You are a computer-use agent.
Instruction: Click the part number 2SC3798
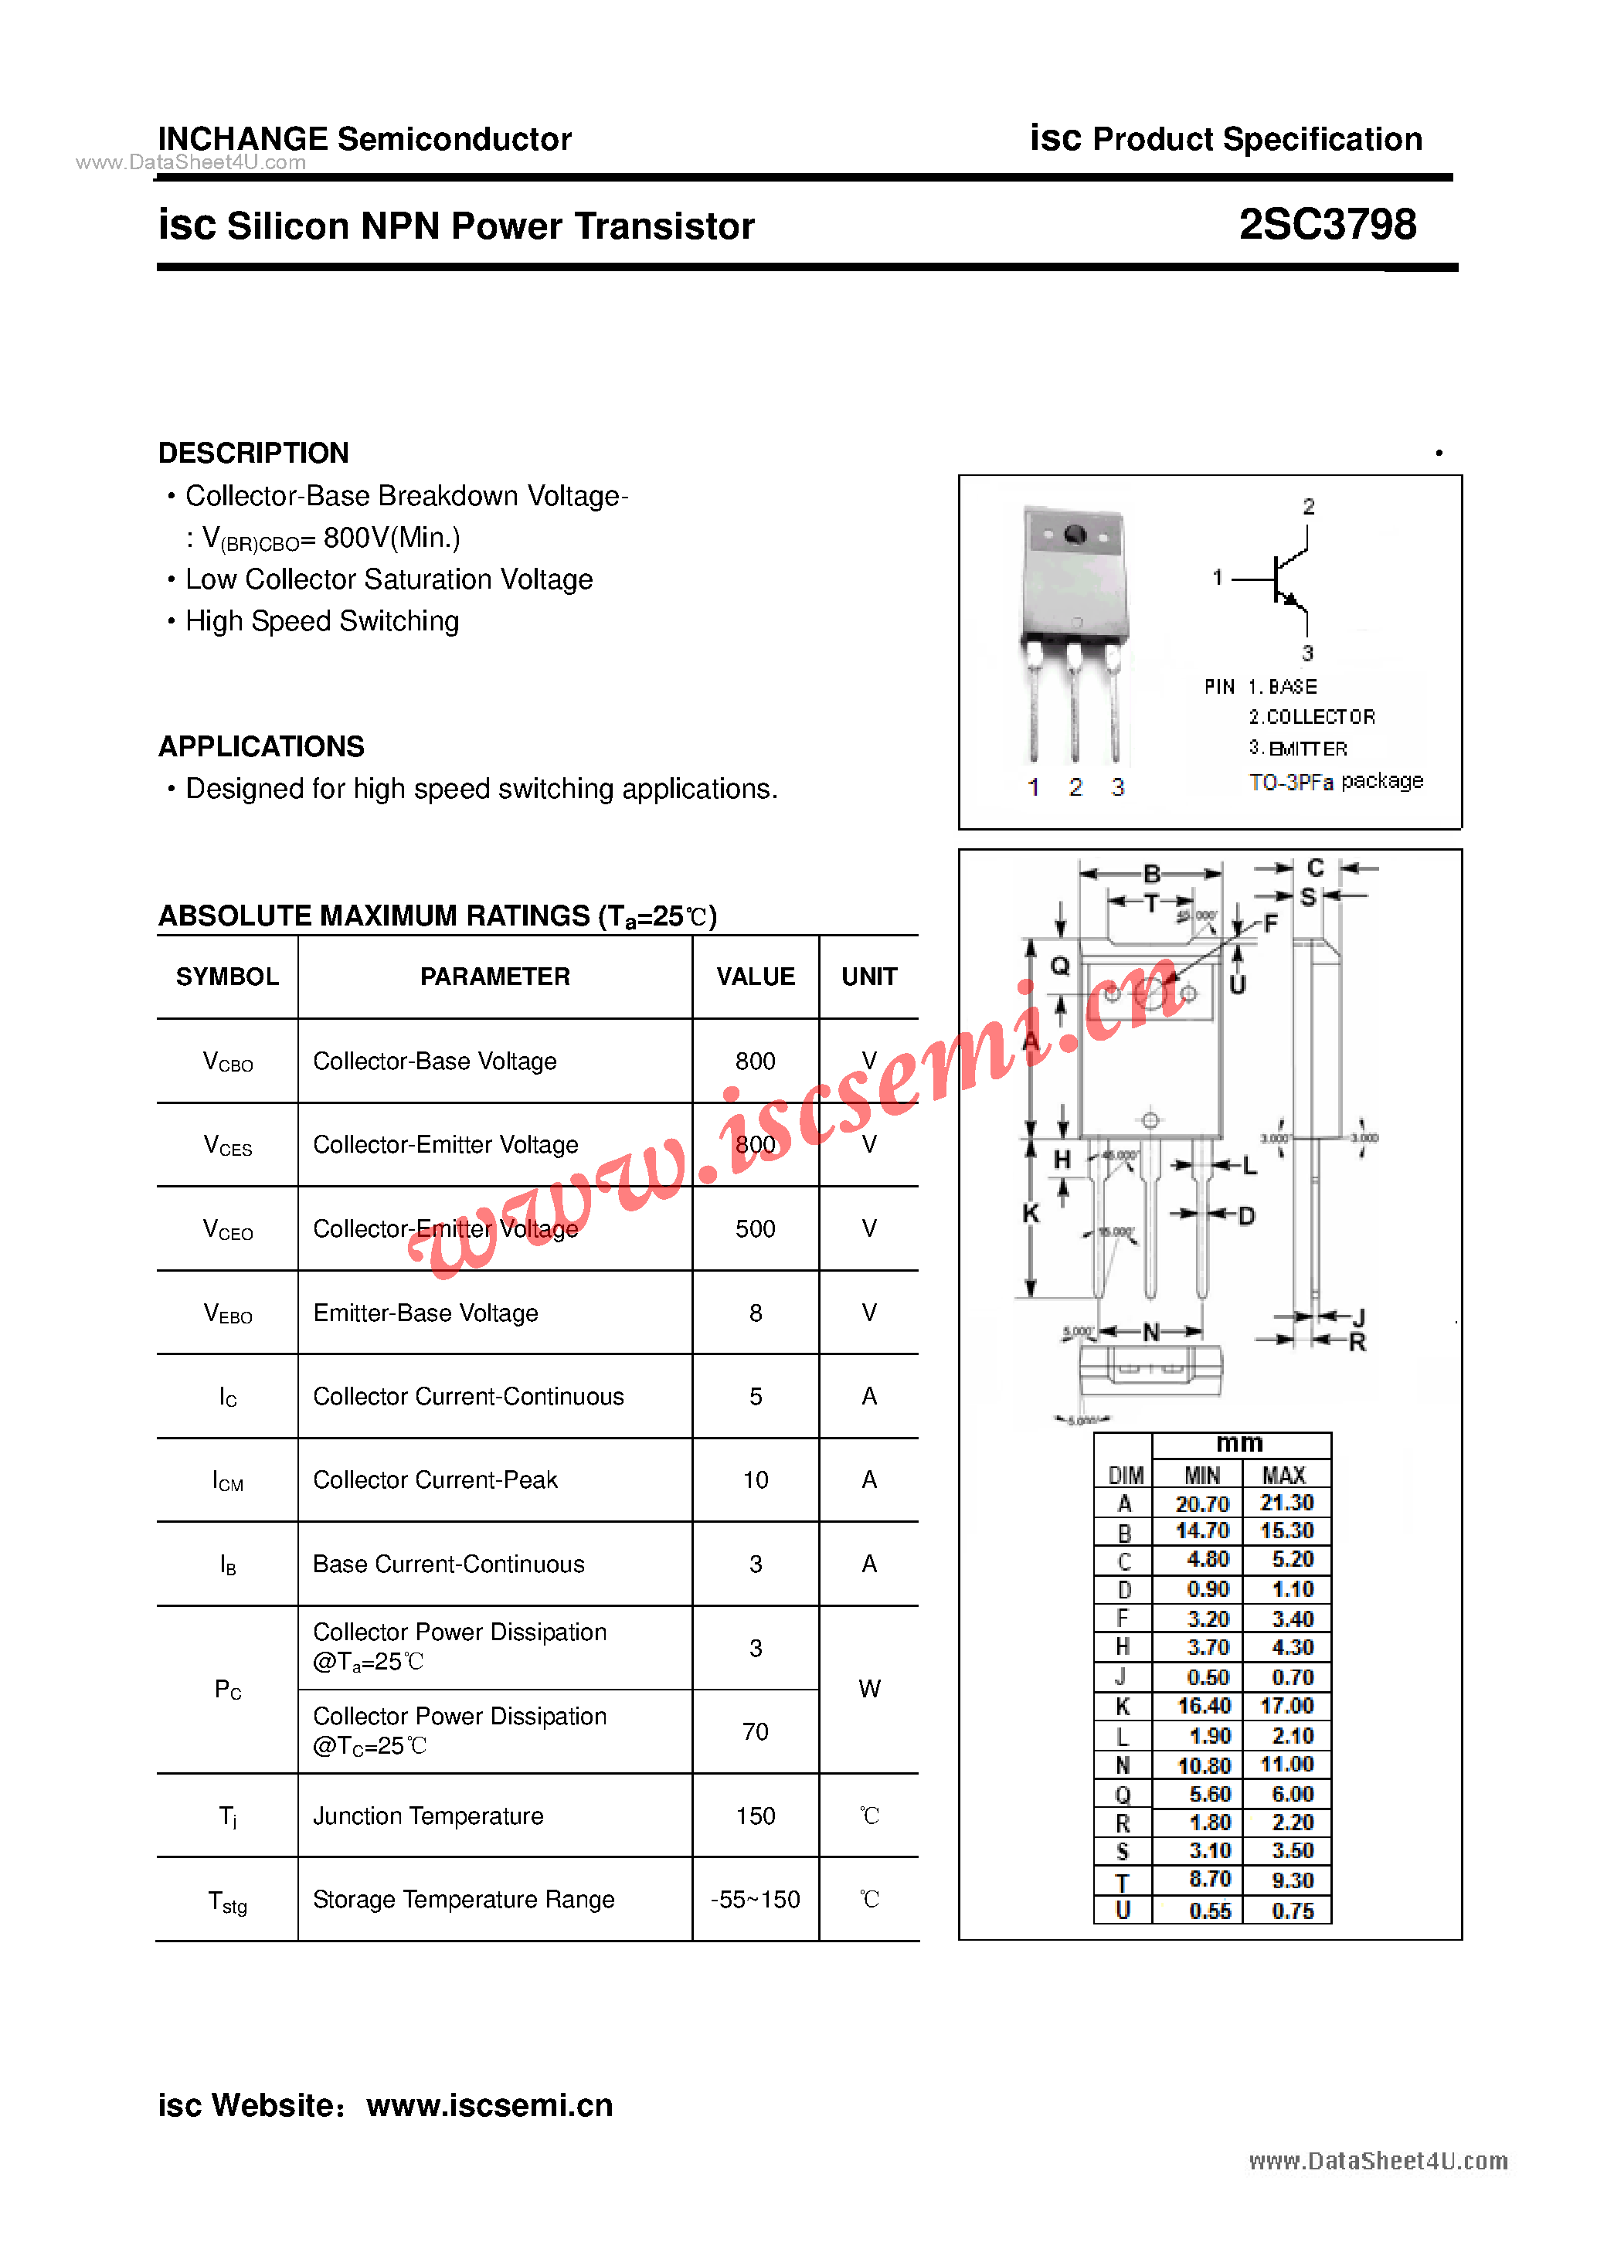coord(1327,226)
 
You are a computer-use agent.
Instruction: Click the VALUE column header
coord(755,977)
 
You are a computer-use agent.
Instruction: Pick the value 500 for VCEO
coord(755,1229)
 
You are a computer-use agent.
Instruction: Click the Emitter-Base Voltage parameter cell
coord(425,1313)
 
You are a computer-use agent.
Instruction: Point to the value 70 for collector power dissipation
coord(755,1731)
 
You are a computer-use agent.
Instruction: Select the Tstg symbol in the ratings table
coord(227,1901)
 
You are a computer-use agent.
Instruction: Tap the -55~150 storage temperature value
coord(755,1900)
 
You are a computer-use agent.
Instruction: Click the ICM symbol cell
coord(227,1481)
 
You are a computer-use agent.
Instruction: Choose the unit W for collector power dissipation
coord(869,1690)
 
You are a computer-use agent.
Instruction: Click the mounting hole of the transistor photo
coord(1075,535)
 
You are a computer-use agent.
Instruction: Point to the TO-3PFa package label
coord(1335,782)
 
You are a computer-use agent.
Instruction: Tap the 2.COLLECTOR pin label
coord(1312,717)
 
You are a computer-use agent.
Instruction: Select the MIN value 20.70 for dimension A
coord(1201,1504)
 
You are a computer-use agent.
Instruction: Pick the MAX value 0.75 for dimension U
coord(1292,1911)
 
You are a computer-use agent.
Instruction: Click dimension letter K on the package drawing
coord(1030,1213)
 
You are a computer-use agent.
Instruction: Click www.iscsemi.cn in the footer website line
coord(489,2104)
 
